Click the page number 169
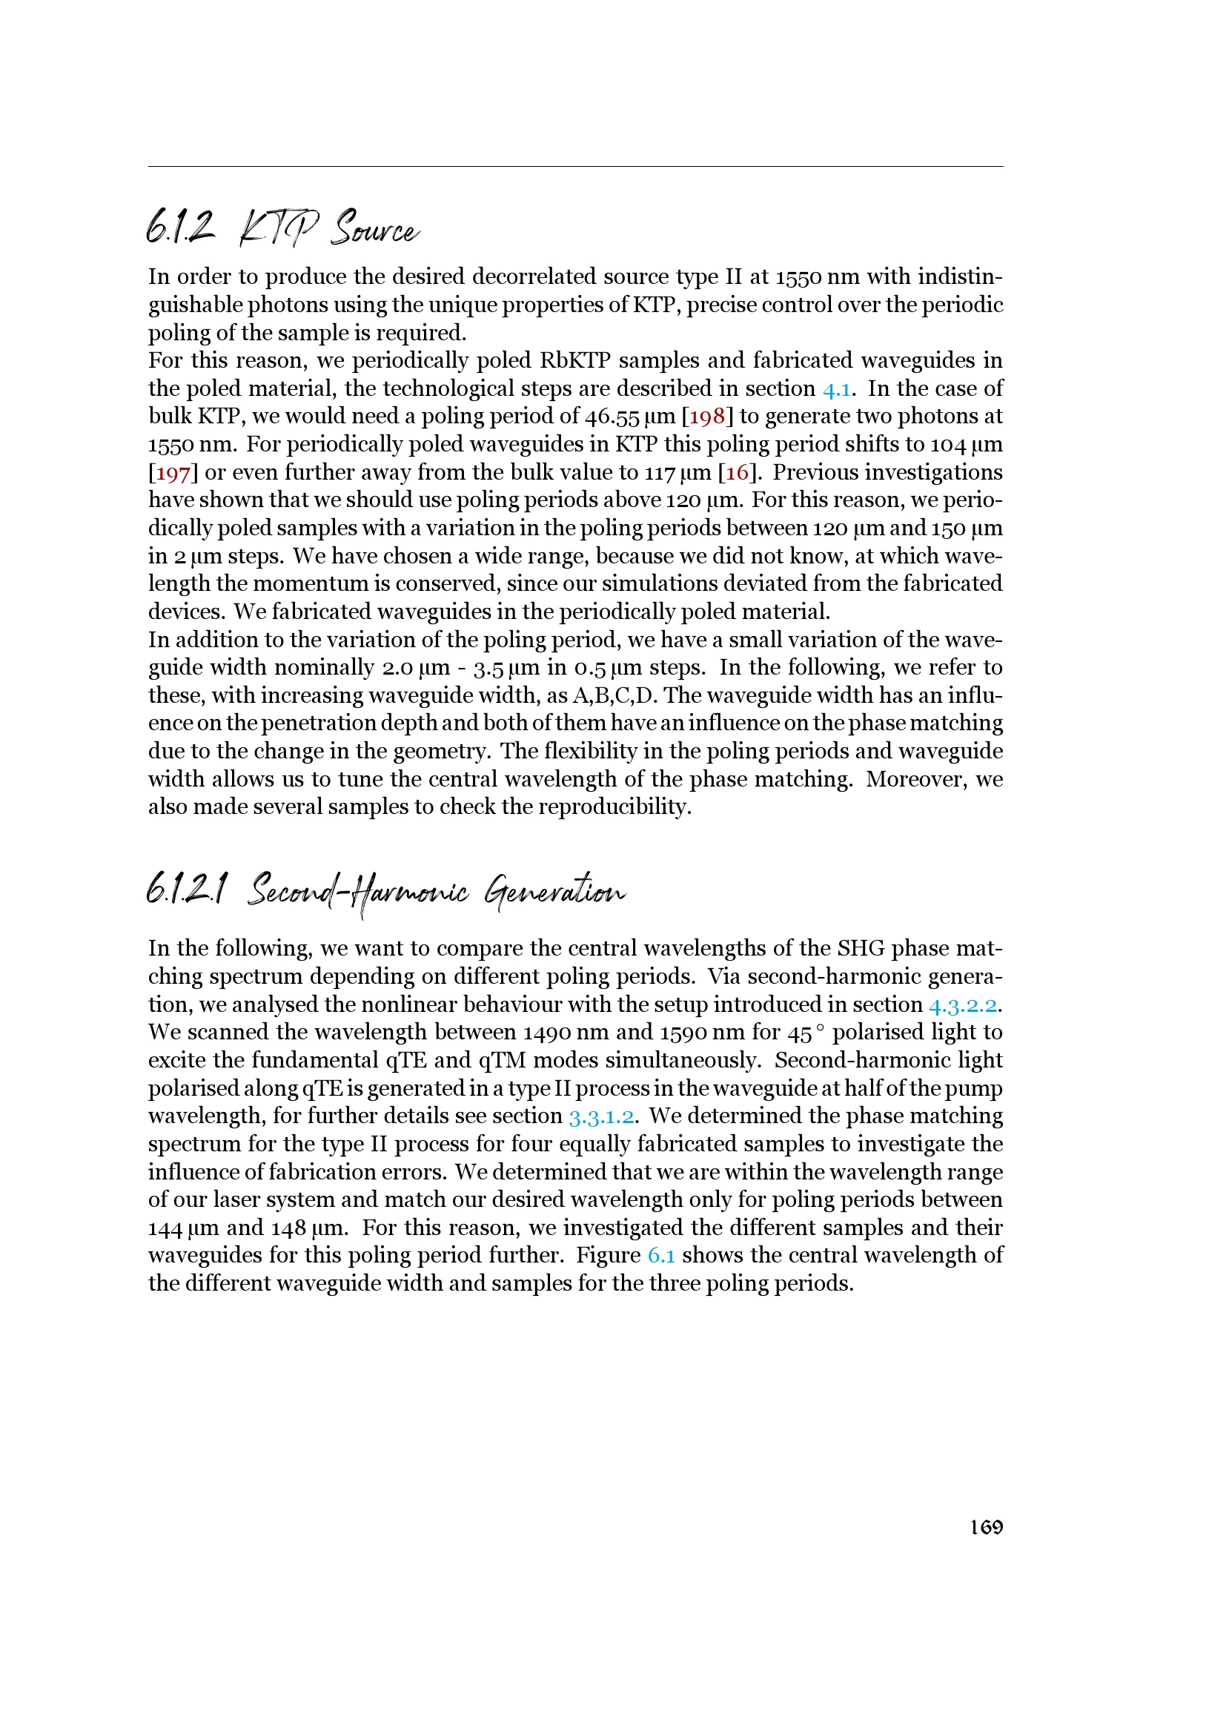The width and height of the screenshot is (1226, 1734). (x=986, y=1527)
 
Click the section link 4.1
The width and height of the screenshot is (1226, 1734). (x=836, y=389)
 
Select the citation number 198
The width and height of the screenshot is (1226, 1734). (x=706, y=417)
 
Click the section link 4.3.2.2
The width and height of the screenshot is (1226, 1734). (x=963, y=1005)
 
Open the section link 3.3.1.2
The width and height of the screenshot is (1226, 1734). (x=601, y=1116)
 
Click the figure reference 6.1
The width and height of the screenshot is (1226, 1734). (x=660, y=1255)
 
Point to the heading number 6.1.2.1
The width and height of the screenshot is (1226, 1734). (x=186, y=890)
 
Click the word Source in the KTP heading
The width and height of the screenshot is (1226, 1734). (x=374, y=228)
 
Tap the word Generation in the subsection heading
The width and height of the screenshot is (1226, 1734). (x=555, y=891)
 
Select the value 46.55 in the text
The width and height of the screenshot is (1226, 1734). (x=612, y=417)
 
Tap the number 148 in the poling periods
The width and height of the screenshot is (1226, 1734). (x=288, y=1228)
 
